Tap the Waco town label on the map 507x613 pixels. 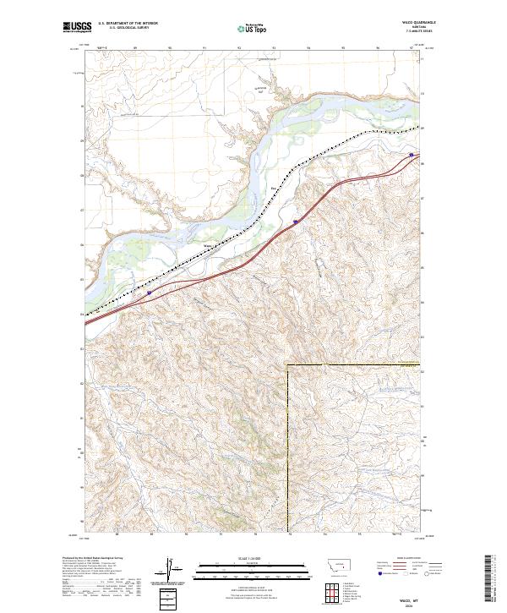[x=208, y=247]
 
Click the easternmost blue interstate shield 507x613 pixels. [x=412, y=155]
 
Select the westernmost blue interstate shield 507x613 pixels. [x=150, y=293]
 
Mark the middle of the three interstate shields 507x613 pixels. [x=296, y=222]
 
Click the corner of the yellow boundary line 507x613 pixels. [x=288, y=365]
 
